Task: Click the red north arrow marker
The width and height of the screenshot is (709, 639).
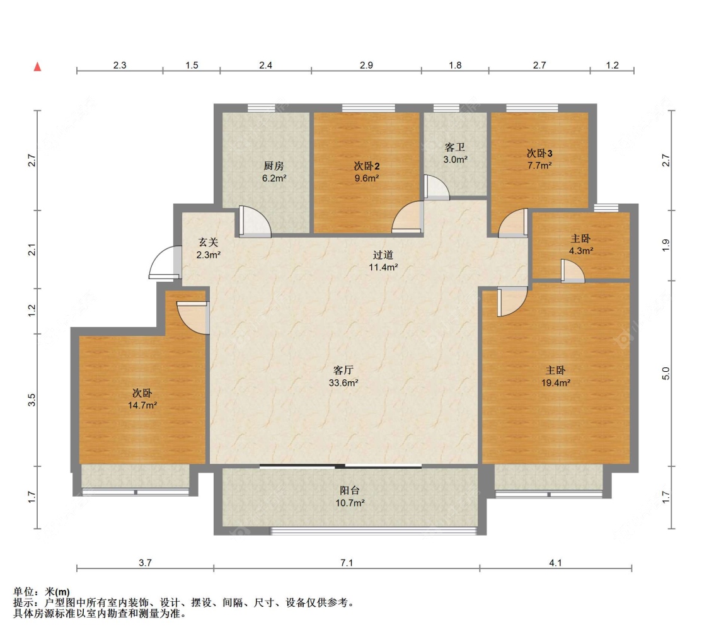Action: point(38,67)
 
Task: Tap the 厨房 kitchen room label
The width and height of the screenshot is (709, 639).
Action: point(274,166)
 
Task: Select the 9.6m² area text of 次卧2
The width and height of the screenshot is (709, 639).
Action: point(367,178)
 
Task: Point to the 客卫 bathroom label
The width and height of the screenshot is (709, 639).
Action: point(455,147)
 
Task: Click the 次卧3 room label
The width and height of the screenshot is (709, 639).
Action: point(539,153)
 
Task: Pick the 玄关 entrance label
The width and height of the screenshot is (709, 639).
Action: point(209,243)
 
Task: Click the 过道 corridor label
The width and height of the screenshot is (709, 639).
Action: point(383,255)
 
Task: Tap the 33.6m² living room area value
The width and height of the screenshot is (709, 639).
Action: point(343,383)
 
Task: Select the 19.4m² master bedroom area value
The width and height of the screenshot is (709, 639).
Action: point(556,383)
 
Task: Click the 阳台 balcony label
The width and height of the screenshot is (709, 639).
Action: point(350,490)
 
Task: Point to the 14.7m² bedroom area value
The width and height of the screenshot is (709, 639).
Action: point(142,406)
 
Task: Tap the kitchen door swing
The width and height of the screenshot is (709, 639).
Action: point(255,222)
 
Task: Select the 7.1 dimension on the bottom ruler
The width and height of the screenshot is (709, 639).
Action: point(347,563)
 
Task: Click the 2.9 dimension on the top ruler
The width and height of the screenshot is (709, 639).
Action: point(366,65)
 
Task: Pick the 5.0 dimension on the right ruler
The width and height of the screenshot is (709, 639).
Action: point(666,373)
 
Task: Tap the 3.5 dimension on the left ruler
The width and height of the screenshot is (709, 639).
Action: point(32,400)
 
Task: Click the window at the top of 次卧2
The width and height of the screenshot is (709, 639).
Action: point(369,108)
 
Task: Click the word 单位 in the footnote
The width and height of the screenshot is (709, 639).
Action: point(23,592)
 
